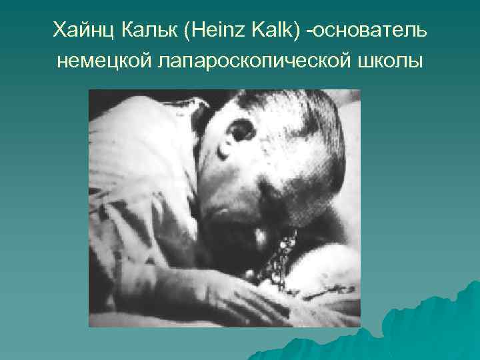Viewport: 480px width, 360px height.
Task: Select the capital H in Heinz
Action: [x=201, y=29]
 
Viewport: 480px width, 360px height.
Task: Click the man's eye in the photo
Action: [x=239, y=133]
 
